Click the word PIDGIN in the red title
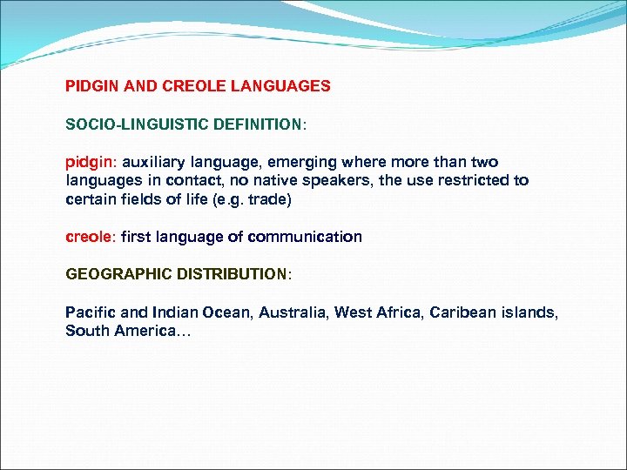pyautogui.click(x=91, y=86)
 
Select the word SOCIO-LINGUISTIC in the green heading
pyautogui.click(x=131, y=124)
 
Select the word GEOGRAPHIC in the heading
pyautogui.click(x=119, y=274)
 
